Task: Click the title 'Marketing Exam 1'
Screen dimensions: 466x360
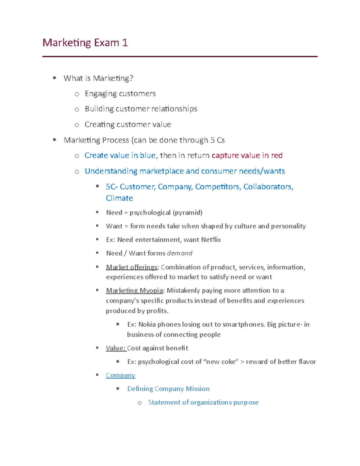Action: coord(85,43)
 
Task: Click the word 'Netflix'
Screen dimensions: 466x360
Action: coord(211,240)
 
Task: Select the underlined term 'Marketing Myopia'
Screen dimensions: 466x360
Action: coord(134,290)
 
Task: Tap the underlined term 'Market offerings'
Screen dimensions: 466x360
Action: coord(131,267)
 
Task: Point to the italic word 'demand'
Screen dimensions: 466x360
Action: coord(179,253)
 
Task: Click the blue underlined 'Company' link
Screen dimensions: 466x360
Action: coord(120,375)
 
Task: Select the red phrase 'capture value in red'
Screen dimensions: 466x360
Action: coord(247,155)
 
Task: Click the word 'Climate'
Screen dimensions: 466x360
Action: coord(119,198)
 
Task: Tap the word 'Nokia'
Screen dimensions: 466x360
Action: coord(147,324)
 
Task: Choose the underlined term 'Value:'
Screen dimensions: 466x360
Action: coord(116,348)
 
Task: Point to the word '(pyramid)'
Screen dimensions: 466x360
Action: coord(187,213)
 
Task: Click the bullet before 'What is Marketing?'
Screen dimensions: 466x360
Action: coord(54,78)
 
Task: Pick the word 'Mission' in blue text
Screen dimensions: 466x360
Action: coord(197,389)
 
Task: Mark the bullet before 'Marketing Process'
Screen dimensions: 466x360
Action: coord(54,140)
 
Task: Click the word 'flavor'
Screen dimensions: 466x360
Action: coord(307,362)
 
